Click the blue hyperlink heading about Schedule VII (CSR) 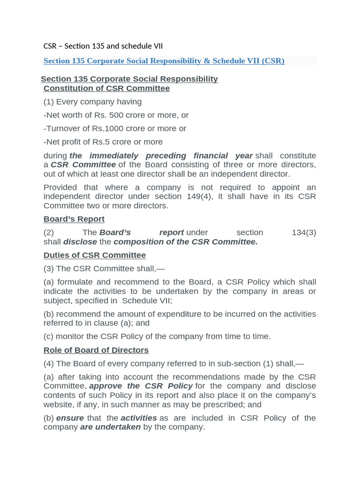164,61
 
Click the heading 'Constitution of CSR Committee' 106,88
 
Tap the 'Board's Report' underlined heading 74,219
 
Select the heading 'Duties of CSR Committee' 95,255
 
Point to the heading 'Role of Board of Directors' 96,350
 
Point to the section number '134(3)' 304,232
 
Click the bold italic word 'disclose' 80,242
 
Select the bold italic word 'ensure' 70,418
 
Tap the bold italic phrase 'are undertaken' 110,427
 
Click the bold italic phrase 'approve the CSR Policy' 141,386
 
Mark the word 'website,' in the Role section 59,404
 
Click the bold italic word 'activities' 139,418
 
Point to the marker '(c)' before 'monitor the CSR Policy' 49,336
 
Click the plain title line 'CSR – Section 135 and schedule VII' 103,46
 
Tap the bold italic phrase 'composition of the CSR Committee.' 186,242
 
